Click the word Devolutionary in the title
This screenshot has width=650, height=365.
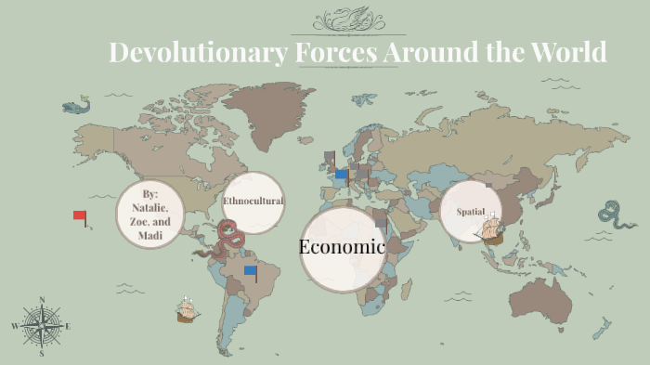[x=198, y=52]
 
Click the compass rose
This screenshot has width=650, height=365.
[x=41, y=326]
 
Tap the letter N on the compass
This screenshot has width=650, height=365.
[x=41, y=300]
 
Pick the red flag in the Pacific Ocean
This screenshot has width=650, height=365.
[x=80, y=216]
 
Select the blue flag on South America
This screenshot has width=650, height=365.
[x=250, y=271]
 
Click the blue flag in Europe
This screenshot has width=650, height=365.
[x=341, y=174]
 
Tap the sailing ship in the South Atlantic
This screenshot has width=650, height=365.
[x=188, y=310]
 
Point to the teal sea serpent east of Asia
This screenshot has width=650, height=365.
[x=612, y=214]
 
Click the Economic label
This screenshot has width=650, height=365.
[x=342, y=247]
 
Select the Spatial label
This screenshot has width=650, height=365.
[x=471, y=212]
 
